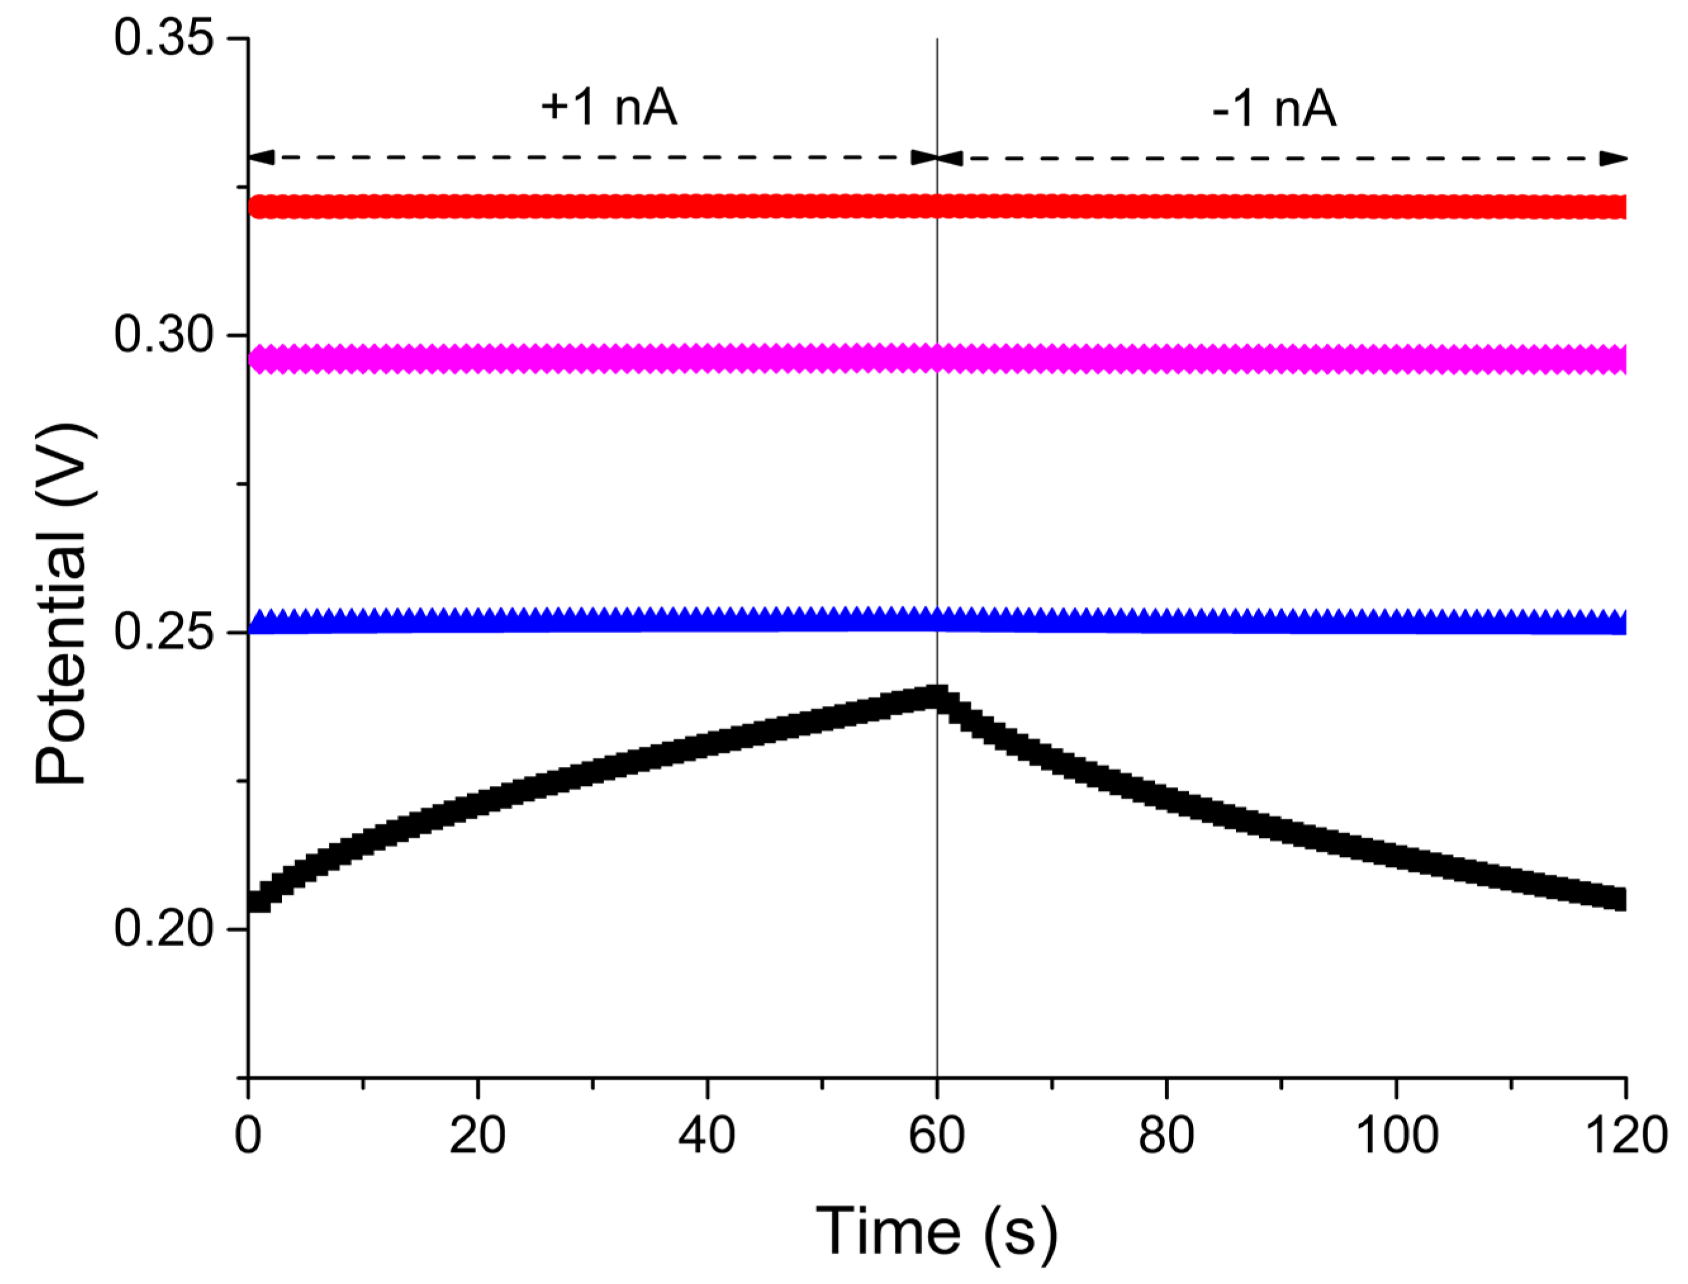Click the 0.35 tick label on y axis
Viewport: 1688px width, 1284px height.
pos(163,38)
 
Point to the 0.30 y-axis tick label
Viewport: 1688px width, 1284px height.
pos(163,335)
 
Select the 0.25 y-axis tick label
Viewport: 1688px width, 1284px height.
pos(163,632)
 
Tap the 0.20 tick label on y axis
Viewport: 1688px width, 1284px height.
pos(163,929)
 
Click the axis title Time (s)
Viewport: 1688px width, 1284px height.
pos(936,1231)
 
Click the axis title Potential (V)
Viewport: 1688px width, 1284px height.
pos(65,604)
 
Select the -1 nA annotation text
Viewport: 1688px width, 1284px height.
pos(1275,108)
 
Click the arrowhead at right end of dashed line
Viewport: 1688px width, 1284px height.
pos(1614,158)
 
